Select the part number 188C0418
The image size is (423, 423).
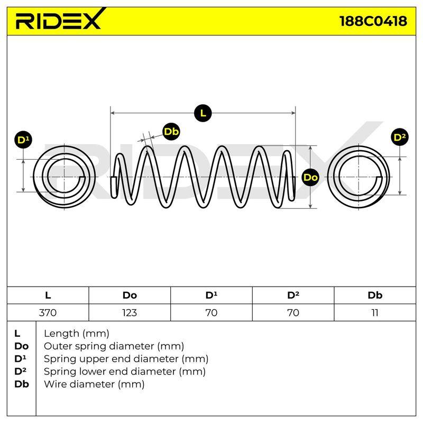(373, 21)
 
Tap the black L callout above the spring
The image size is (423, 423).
(203, 113)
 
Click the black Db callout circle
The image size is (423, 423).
(171, 132)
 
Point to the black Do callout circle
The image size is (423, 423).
(310, 177)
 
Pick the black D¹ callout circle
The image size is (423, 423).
(23, 140)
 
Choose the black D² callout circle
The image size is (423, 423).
(400, 137)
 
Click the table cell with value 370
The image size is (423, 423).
(48, 312)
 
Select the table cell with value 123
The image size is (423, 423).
(130, 312)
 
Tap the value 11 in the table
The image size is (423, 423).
(375, 312)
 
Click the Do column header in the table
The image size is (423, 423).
(130, 295)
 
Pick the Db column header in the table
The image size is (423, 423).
(375, 295)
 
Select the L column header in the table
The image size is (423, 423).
(48, 295)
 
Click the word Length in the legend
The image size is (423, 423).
(62, 334)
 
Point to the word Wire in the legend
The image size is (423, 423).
(55, 384)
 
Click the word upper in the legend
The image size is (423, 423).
(104, 360)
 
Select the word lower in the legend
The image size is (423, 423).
(103, 372)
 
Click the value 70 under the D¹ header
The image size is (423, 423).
(211, 312)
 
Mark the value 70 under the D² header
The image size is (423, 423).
(293, 312)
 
